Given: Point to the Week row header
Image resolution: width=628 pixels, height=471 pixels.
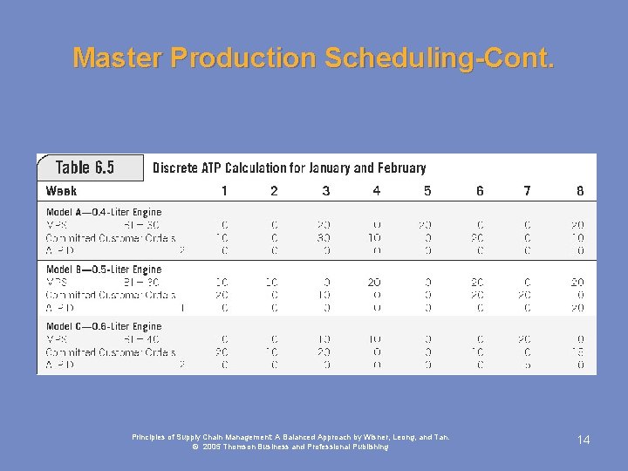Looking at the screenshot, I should (61, 190).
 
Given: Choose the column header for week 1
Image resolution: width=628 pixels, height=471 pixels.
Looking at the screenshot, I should (224, 190).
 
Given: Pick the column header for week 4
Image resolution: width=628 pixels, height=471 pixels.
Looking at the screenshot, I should (376, 190).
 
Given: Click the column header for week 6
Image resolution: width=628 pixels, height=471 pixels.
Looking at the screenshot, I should (480, 190).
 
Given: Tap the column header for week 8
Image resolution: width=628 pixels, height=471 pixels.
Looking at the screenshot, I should (580, 190).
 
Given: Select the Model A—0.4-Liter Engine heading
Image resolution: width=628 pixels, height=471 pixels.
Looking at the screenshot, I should (104, 212).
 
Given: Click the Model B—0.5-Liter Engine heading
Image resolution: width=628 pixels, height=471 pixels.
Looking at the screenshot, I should (104, 270).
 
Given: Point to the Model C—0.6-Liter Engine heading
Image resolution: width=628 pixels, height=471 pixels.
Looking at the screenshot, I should (104, 327).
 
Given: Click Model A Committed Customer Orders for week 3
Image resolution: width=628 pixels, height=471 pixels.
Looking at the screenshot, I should (324, 237).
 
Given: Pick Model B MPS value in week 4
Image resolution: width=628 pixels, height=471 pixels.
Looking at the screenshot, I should (374, 283).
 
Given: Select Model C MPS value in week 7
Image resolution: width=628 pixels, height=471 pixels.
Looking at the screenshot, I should (526, 340).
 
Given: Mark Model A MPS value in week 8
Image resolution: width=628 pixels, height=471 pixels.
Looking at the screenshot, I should (578, 225).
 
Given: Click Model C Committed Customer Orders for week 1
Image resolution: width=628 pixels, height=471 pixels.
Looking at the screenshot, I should (222, 352).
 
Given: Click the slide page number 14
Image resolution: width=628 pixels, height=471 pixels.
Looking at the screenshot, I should (584, 440).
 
